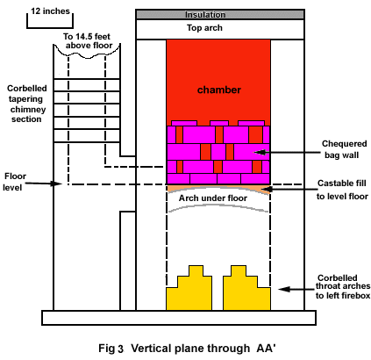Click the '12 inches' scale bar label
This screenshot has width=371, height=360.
pyautogui.click(x=51, y=11)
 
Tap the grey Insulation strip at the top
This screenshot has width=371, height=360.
pyautogui.click(x=220, y=15)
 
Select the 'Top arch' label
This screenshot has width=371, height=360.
pyautogui.click(x=204, y=28)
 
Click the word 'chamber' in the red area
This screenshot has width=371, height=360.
pyautogui.click(x=219, y=90)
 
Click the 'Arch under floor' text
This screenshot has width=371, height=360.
pyautogui.click(x=213, y=198)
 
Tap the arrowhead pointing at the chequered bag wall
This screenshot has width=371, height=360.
pyautogui.click(x=260, y=152)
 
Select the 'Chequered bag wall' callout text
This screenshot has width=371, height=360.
pyautogui.click(x=344, y=149)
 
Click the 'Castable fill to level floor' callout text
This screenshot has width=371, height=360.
pyautogui.click(x=342, y=190)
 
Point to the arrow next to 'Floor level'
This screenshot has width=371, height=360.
pyautogui.click(x=43, y=184)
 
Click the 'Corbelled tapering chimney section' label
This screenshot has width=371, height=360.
pyautogui.click(x=26, y=104)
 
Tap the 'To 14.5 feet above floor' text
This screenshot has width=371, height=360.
pyautogui.click(x=87, y=41)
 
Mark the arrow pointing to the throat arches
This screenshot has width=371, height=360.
pyautogui.click(x=296, y=289)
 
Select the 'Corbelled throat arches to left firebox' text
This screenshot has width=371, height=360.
pyautogui.click(x=343, y=286)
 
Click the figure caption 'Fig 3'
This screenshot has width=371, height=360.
pyautogui.click(x=111, y=349)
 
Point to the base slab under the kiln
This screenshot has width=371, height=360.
pyautogui.click(x=179, y=318)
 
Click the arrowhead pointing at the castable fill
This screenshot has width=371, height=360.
pyautogui.click(x=267, y=190)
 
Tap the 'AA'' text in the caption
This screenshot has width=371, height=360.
pyautogui.click(x=266, y=348)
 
